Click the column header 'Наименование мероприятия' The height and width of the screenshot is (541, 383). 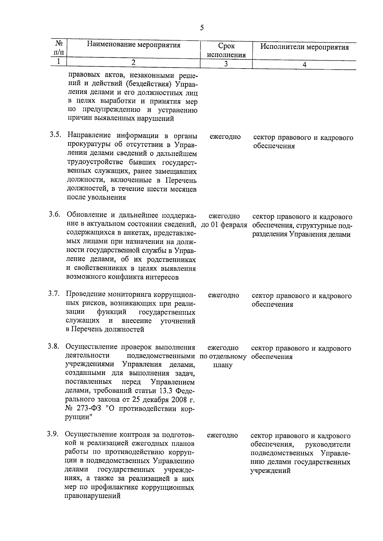click(134, 45)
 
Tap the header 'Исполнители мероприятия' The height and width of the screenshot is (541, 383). click(304, 48)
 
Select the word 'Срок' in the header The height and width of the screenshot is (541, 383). click(227, 46)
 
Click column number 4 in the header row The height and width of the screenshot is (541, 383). click(304, 64)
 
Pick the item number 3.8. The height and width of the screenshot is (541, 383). click(54, 347)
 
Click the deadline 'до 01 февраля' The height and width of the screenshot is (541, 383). click(224, 225)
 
